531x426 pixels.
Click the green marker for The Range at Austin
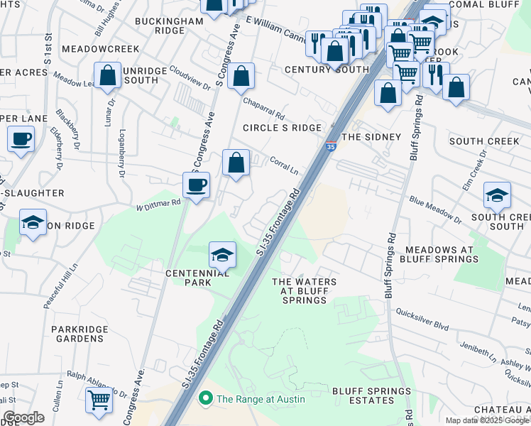[x=207, y=399]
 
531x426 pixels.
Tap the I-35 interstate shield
[x=332, y=146]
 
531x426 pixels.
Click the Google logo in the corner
[x=23, y=417]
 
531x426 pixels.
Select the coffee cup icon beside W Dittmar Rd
[x=197, y=185]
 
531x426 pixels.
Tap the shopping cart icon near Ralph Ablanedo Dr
[x=99, y=400]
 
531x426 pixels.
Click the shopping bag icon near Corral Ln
[x=236, y=163]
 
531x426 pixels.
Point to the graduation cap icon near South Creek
[x=497, y=195]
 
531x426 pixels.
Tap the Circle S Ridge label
[x=282, y=128]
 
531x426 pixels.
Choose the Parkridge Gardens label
[x=78, y=334]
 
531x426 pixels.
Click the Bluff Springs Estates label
[x=371, y=396]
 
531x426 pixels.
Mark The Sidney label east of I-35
[x=371, y=136]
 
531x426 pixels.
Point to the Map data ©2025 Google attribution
[x=487, y=420]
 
